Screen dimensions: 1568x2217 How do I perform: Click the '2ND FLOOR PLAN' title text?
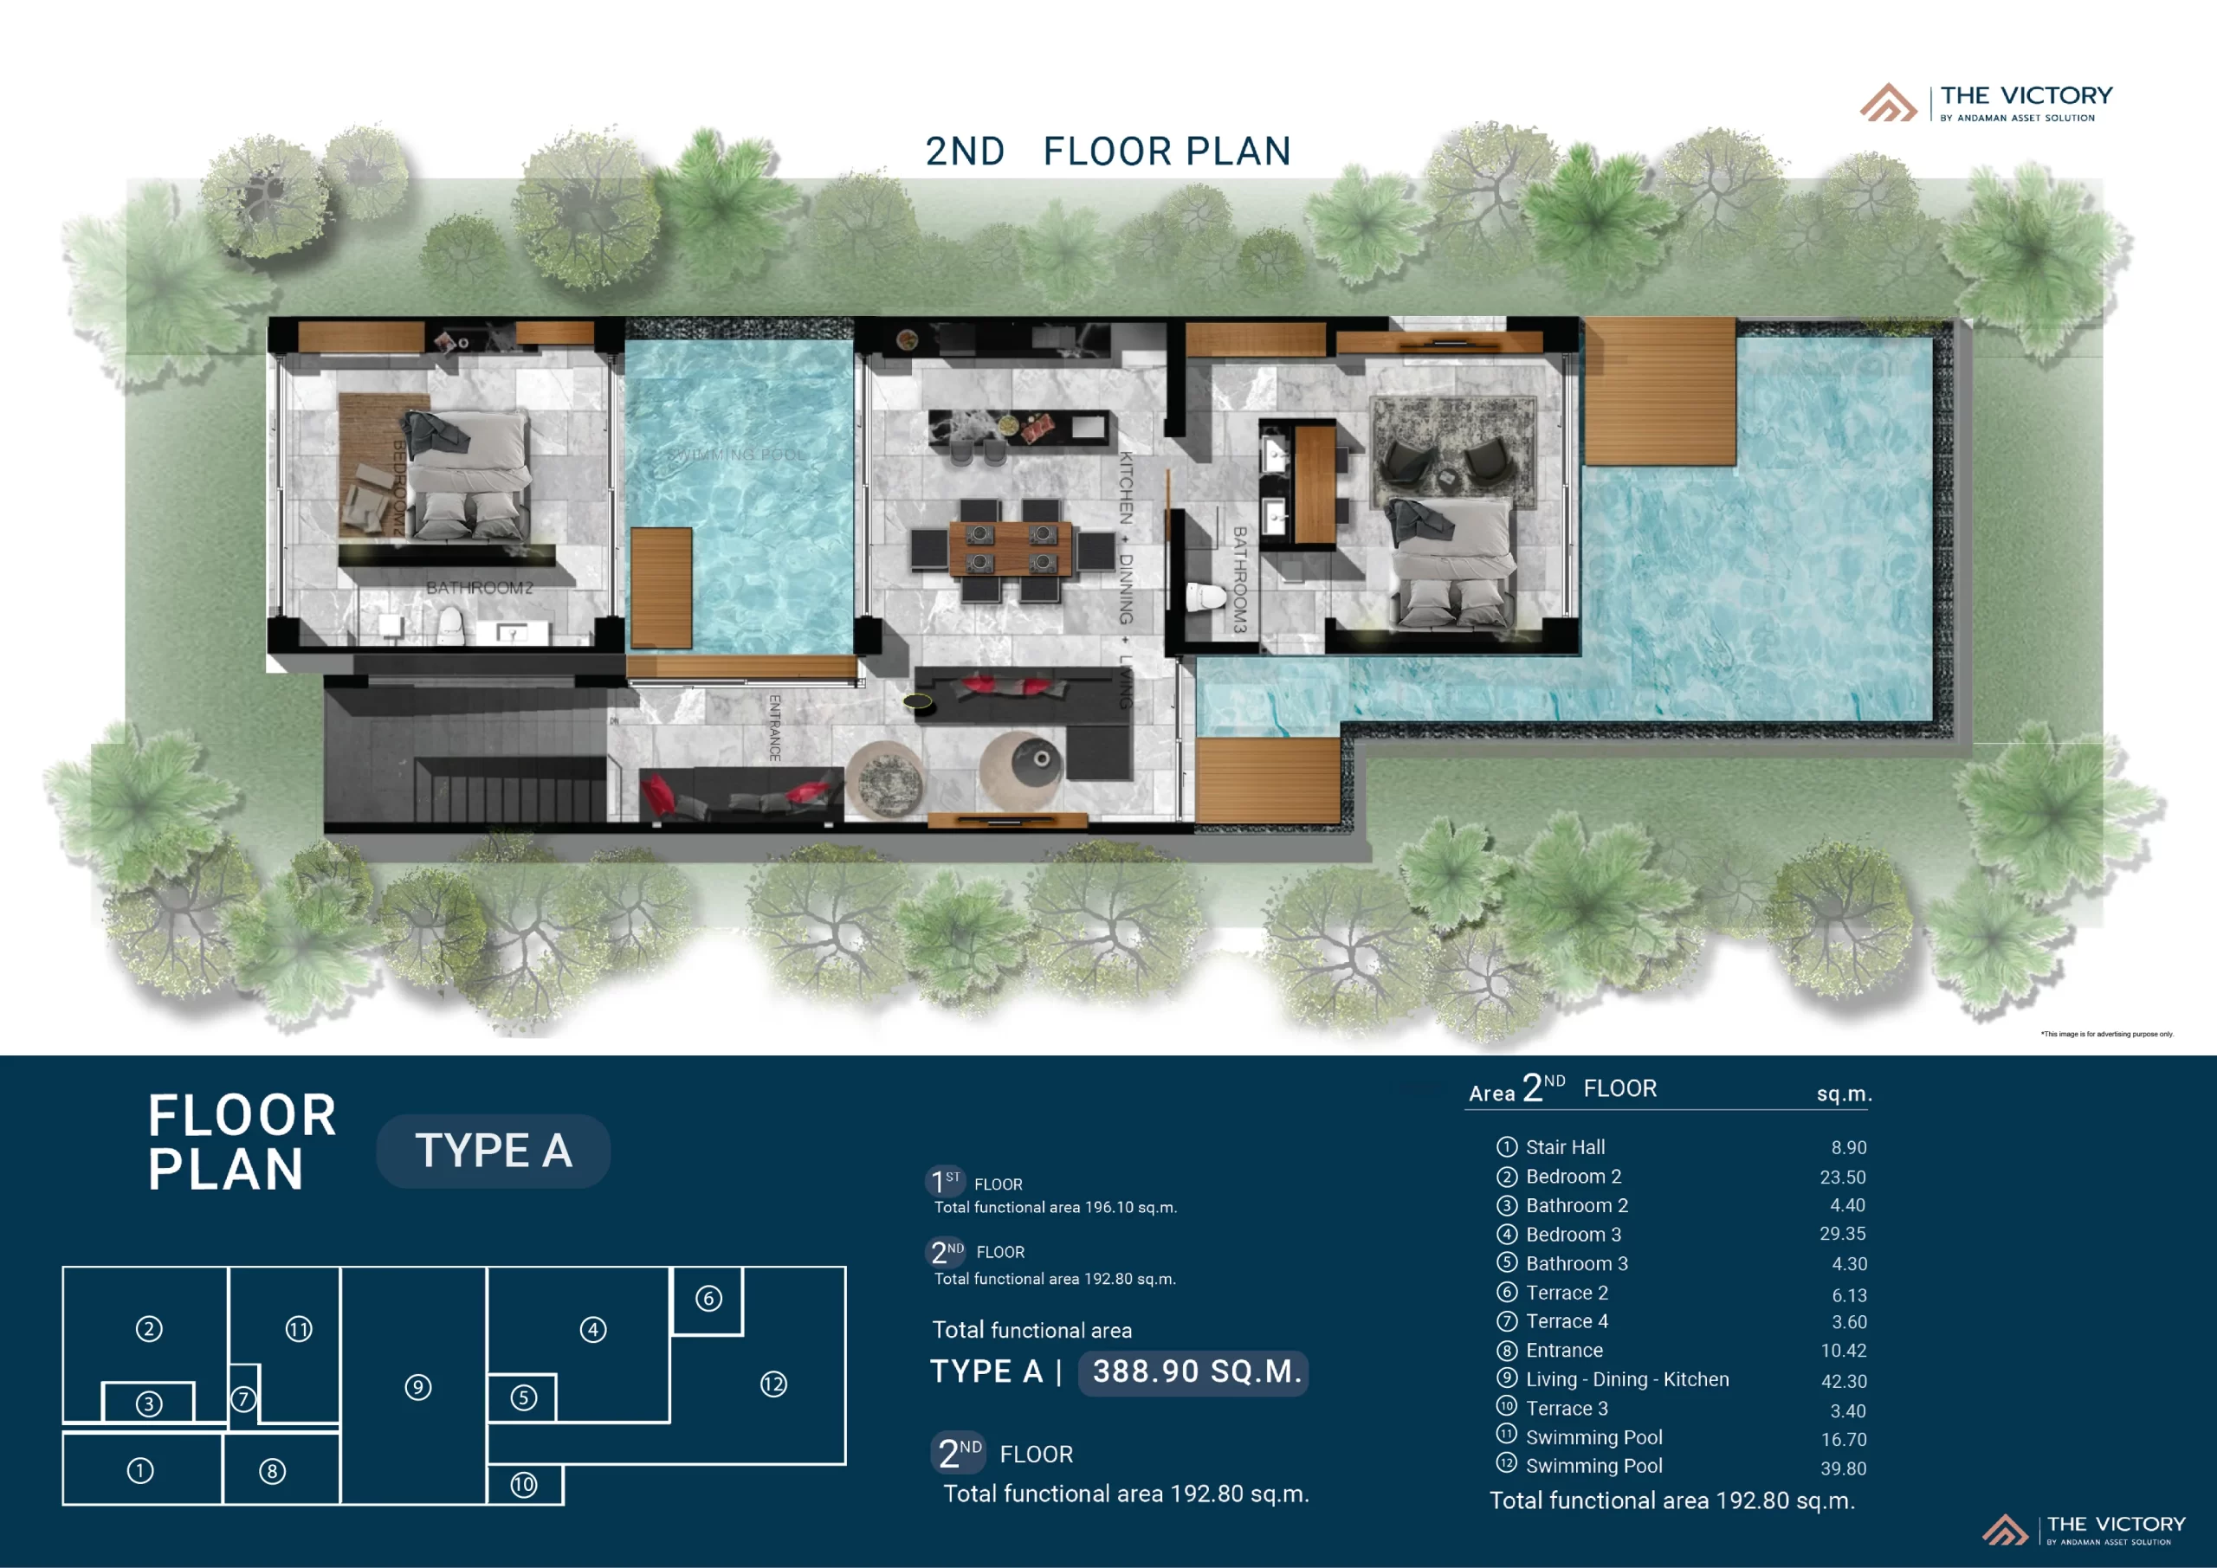click(x=1108, y=152)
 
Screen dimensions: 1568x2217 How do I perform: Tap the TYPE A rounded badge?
click(x=493, y=1151)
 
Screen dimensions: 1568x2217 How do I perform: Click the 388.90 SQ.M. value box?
click(x=1195, y=1371)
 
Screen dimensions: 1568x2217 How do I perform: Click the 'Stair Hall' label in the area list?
click(x=1564, y=1147)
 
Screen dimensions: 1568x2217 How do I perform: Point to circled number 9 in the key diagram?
click(x=417, y=1387)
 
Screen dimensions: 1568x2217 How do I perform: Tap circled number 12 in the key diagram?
click(x=772, y=1384)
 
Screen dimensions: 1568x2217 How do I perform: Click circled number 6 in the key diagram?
click(x=708, y=1299)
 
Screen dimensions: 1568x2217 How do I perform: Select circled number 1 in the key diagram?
click(x=140, y=1470)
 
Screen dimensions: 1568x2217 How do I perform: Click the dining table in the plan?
click(x=1010, y=548)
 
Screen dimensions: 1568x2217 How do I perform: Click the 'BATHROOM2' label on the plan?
click(x=479, y=588)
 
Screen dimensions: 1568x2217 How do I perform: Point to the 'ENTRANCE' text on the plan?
click(x=774, y=727)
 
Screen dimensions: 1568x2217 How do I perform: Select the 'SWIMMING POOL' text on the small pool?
click(x=736, y=455)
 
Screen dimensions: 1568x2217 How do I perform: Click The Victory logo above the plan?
click(x=1987, y=102)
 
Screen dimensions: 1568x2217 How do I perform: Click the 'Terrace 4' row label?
click(x=1567, y=1321)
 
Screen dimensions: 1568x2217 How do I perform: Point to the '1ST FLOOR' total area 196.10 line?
click(x=1055, y=1207)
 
